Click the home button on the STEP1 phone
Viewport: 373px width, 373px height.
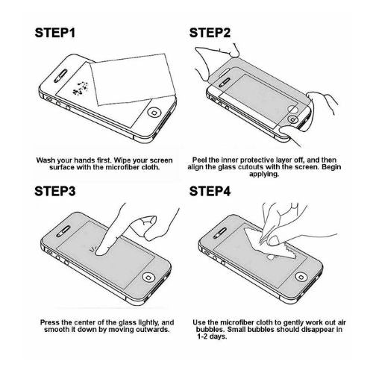click(x=154, y=113)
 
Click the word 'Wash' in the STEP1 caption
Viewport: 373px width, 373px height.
click(x=48, y=159)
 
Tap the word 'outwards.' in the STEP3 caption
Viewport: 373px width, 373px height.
click(x=140, y=328)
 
